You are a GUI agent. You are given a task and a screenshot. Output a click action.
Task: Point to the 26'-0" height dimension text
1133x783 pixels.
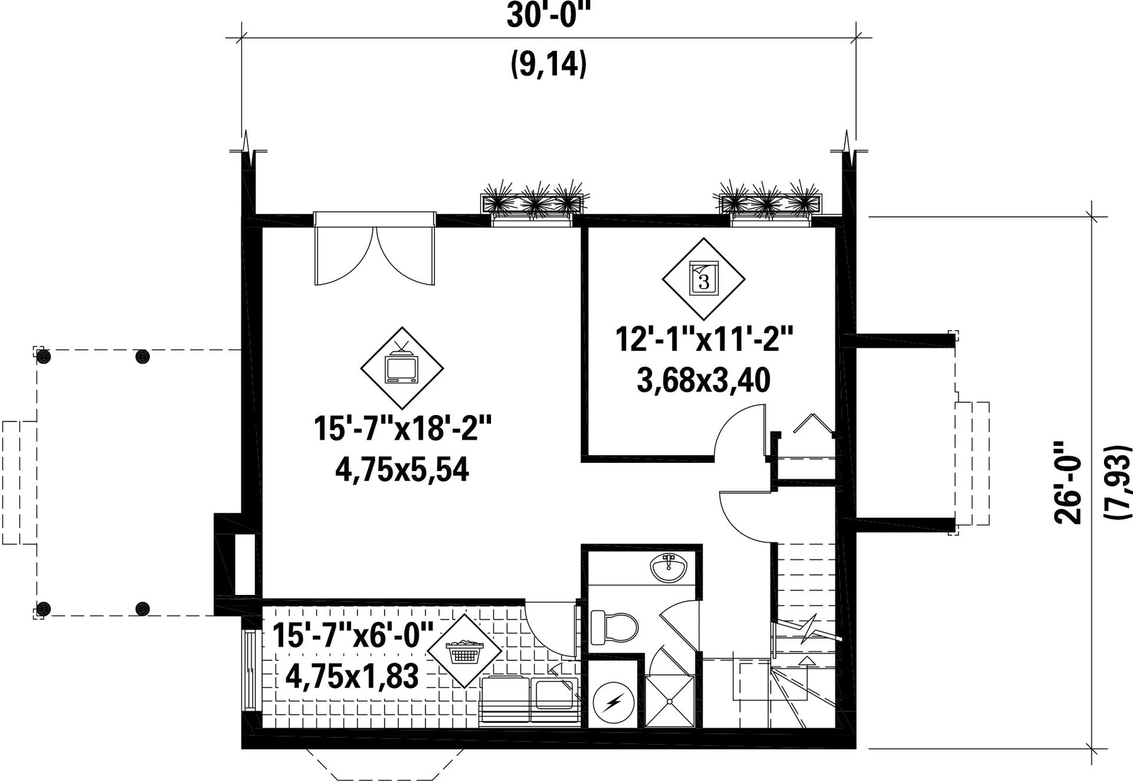(x=1068, y=482)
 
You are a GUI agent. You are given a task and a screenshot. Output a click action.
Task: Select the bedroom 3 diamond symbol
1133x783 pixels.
(x=704, y=279)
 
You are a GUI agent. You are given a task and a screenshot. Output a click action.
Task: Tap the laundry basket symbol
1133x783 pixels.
(x=465, y=651)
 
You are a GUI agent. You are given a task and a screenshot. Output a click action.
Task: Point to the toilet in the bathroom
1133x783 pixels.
(x=614, y=628)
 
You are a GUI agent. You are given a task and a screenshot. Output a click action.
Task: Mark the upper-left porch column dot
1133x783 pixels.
(x=43, y=357)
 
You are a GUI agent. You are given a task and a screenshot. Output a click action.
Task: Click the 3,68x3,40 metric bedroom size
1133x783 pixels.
(x=704, y=380)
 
